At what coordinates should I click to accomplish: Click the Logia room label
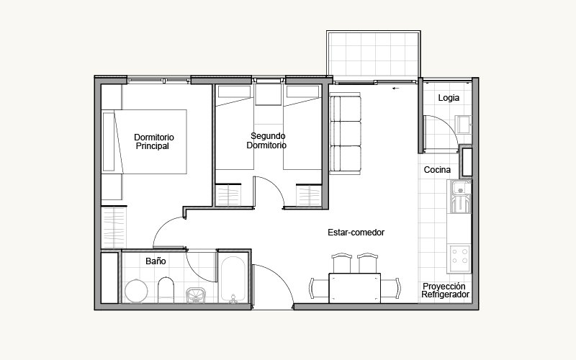tap(449, 98)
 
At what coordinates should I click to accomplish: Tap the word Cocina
tap(437, 170)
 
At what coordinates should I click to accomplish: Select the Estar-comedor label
tap(356, 232)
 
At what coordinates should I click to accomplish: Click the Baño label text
tap(156, 261)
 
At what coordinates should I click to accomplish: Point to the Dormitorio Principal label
tap(153, 141)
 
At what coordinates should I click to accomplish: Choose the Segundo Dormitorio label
tap(266, 140)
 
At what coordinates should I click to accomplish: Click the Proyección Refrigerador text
tap(445, 290)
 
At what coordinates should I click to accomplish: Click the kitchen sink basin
tap(459, 189)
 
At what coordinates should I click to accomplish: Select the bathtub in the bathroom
tap(233, 279)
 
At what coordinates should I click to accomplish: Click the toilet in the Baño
tap(166, 290)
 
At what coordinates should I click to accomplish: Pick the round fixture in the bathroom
tap(136, 291)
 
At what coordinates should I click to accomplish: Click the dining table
tap(354, 288)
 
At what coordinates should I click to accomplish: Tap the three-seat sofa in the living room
tap(346, 134)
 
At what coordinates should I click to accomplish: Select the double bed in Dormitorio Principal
tap(145, 142)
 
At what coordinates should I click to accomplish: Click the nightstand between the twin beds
tap(268, 94)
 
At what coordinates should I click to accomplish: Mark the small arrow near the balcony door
tap(395, 88)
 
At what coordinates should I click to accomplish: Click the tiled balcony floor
tap(373, 55)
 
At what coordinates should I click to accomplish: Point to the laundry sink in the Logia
tap(464, 125)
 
